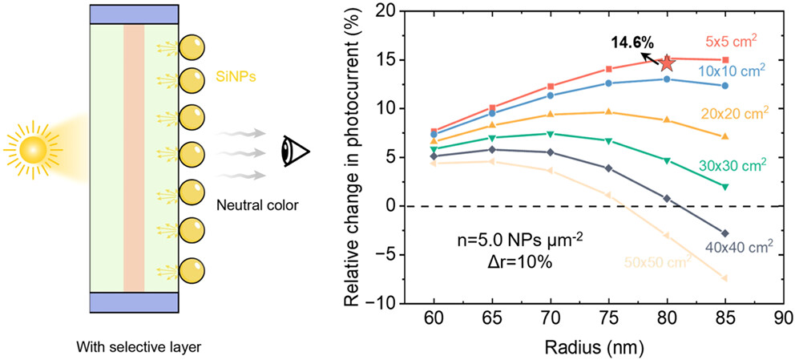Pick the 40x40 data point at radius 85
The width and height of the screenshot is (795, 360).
pyautogui.click(x=725, y=233)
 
